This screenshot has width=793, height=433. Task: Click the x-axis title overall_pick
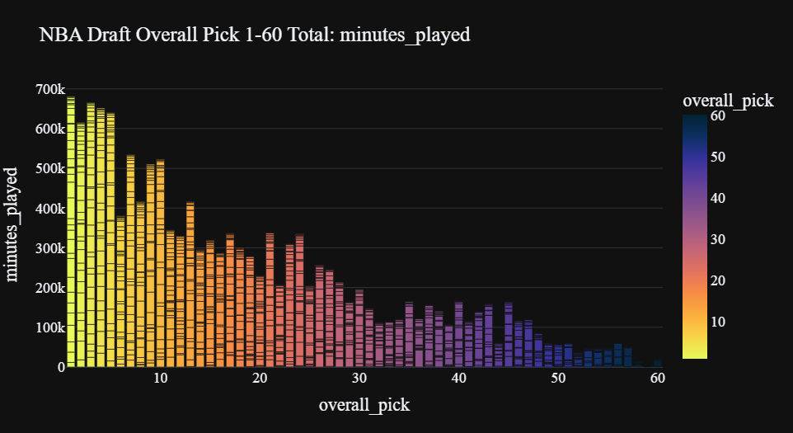click(364, 405)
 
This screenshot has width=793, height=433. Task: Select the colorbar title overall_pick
click(729, 101)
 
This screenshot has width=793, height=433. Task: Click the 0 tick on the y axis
click(60, 367)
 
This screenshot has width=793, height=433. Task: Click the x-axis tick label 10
click(160, 379)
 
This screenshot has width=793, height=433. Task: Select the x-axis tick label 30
click(359, 379)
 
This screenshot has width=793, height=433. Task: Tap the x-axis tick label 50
click(558, 379)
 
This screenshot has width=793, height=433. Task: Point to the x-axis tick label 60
click(658, 379)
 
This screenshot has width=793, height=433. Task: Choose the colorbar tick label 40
click(718, 198)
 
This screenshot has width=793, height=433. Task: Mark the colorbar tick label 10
click(718, 322)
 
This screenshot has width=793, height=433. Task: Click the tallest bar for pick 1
click(71, 231)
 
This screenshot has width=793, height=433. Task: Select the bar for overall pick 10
click(160, 264)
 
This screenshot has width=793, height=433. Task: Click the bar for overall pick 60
click(658, 363)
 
